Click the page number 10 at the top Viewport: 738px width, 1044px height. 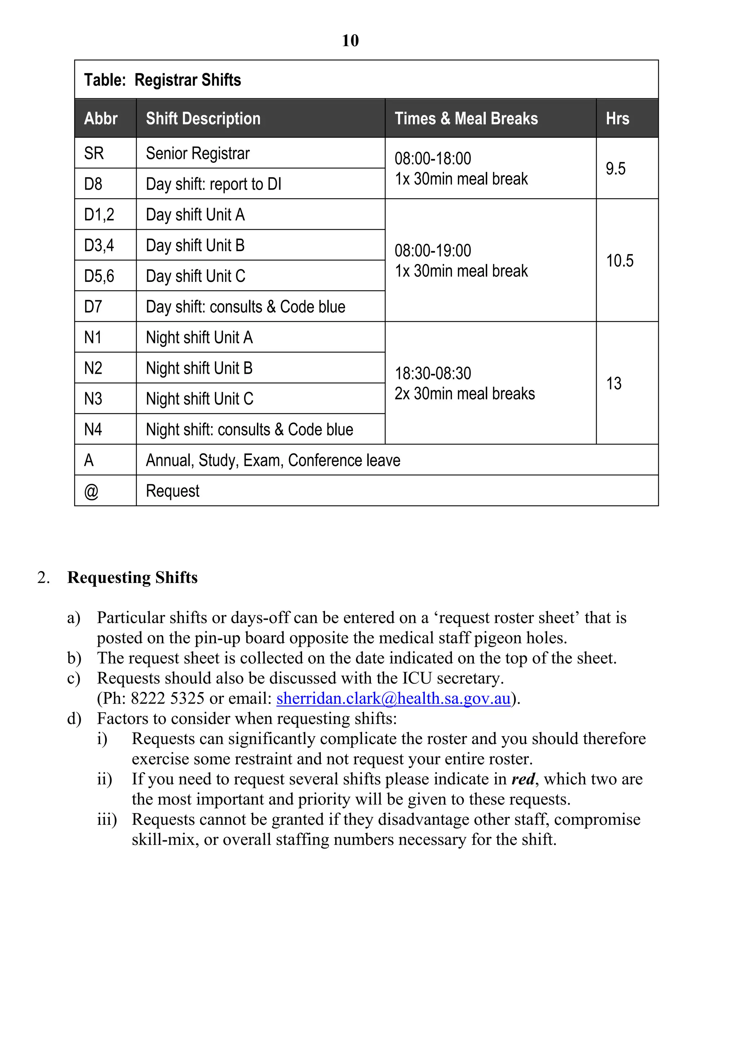tap(350, 40)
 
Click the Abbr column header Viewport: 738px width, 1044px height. tap(101, 119)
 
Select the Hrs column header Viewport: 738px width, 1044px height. tap(617, 119)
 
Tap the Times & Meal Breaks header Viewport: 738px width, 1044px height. tap(466, 119)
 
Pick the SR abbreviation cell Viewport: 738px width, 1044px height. tap(94, 153)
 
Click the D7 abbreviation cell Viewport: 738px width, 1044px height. tap(93, 306)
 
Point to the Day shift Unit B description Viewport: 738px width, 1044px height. tap(195, 245)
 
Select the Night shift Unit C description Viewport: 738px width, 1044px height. tap(200, 399)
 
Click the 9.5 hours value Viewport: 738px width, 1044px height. tap(615, 169)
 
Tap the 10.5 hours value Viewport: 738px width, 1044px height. tap(619, 261)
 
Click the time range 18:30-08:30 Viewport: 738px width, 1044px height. tap(433, 373)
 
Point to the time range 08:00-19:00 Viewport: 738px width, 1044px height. tap(433, 251)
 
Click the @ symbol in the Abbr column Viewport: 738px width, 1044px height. tap(91, 491)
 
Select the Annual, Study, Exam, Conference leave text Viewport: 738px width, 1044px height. tap(273, 460)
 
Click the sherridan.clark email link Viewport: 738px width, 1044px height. tap(393, 698)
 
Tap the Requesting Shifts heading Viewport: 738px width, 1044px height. tap(132, 578)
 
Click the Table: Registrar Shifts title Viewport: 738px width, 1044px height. tap(162, 80)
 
